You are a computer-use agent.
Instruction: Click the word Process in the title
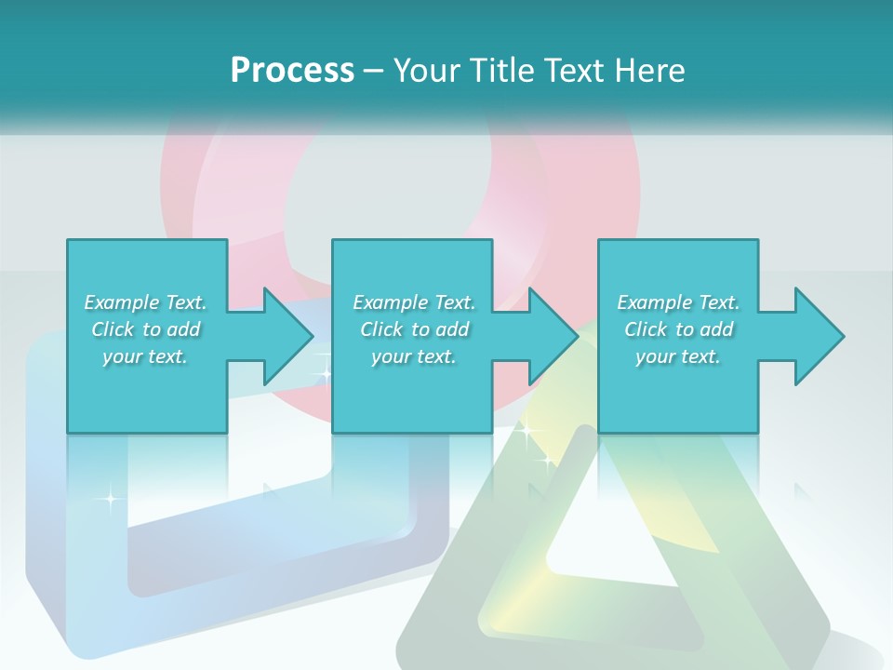(292, 71)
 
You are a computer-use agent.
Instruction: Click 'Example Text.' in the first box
(145, 302)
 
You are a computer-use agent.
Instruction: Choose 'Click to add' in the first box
(145, 329)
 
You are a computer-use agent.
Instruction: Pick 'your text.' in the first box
(145, 356)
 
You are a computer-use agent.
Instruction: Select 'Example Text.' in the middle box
(414, 302)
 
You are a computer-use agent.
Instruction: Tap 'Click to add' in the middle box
(414, 329)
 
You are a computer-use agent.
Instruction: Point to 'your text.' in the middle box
(414, 356)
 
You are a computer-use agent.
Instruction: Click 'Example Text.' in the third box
(678, 302)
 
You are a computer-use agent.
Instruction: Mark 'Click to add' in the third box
(678, 329)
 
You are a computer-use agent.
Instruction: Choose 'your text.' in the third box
(678, 356)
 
